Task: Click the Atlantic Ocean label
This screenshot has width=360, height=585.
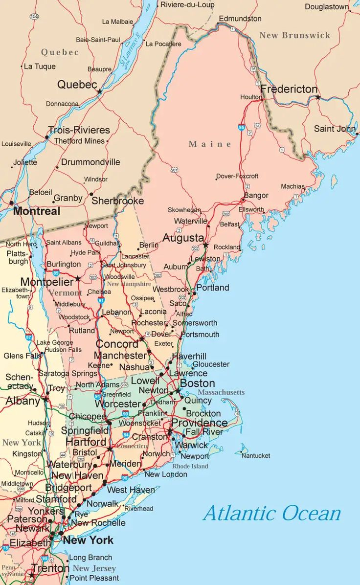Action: (x=272, y=513)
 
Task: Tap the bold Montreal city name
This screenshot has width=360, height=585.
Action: (x=37, y=211)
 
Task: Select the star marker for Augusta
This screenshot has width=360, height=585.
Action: (x=206, y=245)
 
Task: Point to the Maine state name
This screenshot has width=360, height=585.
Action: (x=210, y=144)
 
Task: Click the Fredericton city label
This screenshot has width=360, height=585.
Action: (x=289, y=90)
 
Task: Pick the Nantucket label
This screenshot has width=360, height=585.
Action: (x=256, y=455)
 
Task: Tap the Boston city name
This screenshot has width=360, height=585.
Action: (x=198, y=383)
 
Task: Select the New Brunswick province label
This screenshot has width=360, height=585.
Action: (x=294, y=35)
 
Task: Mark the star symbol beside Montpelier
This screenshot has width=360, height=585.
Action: (x=77, y=279)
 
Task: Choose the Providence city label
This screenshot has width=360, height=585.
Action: (x=199, y=423)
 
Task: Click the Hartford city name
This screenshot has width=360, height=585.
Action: (x=86, y=442)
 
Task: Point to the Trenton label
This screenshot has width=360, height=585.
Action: (x=50, y=568)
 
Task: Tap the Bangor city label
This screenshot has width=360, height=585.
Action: (x=256, y=195)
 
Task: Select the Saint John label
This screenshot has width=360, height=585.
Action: (x=335, y=129)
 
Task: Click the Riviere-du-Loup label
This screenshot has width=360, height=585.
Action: (x=187, y=5)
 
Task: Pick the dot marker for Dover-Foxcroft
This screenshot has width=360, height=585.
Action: (x=216, y=179)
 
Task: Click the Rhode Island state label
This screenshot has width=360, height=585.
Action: (x=190, y=466)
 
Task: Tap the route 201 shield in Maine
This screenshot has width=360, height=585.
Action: (x=175, y=170)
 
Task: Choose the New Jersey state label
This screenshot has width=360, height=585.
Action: (x=94, y=568)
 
